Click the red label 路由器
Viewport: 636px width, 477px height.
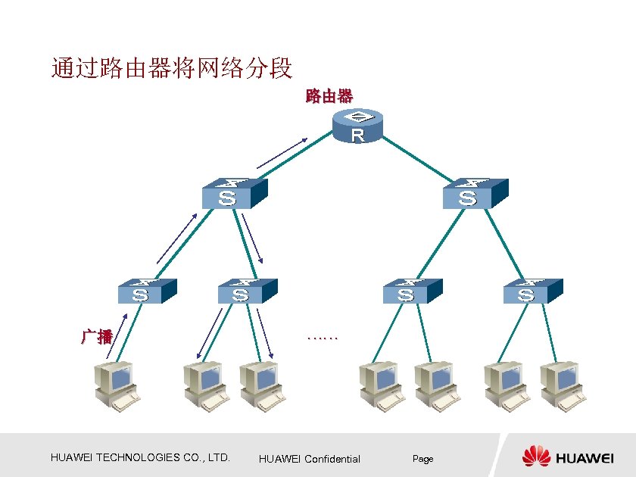pos(329,96)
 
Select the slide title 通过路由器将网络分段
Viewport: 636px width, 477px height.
pos(172,69)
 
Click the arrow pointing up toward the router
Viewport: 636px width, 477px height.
pos(282,152)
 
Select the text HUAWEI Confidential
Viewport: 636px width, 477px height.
pos(310,459)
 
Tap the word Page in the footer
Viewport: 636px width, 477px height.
pos(422,459)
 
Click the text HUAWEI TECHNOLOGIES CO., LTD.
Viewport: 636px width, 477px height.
pos(140,457)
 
